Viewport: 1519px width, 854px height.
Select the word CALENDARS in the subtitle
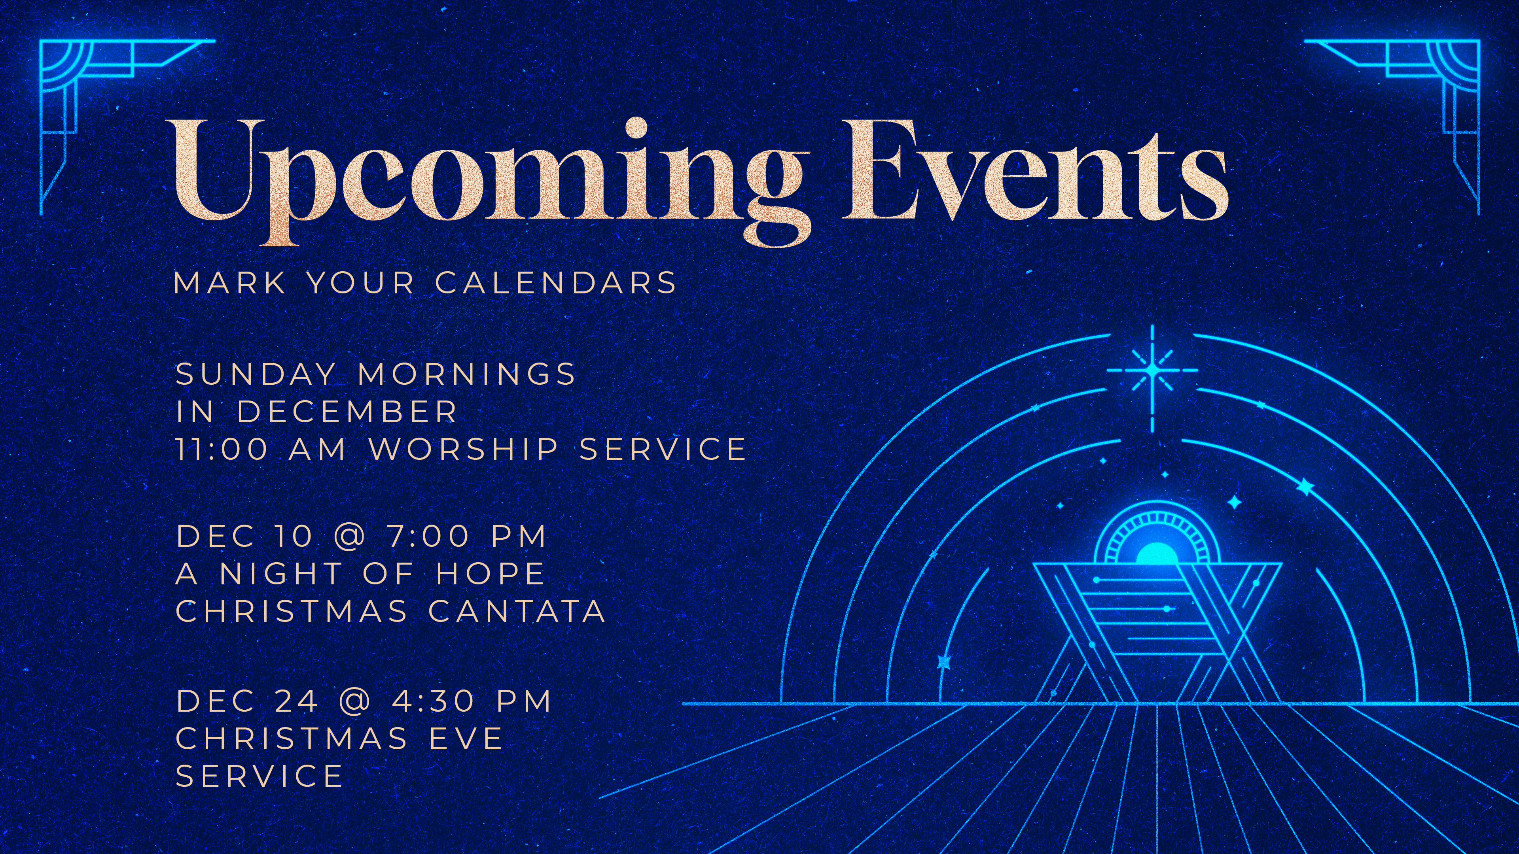click(x=556, y=282)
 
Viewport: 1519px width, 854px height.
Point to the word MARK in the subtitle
click(x=229, y=282)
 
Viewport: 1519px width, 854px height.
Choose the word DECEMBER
click(x=347, y=411)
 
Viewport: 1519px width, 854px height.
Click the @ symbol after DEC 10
click(x=350, y=536)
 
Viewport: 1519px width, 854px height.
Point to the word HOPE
click(x=490, y=573)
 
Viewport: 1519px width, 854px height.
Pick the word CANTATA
click(x=517, y=610)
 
